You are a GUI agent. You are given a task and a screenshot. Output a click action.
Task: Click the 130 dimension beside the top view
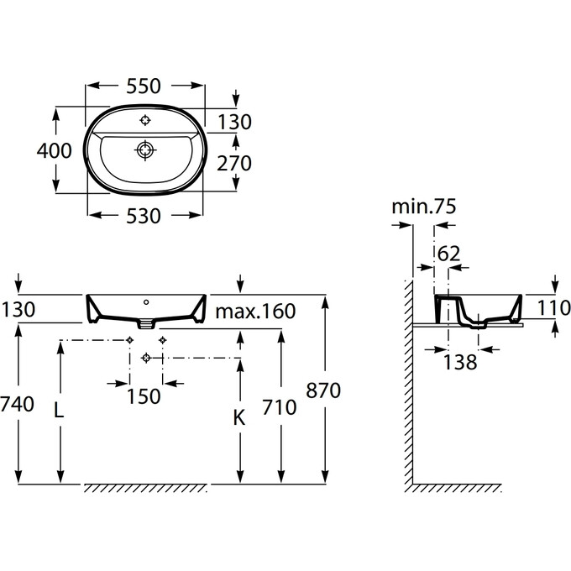234,123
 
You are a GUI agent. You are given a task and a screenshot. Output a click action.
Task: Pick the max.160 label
255,312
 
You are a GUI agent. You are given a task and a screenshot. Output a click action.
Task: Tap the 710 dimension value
280,407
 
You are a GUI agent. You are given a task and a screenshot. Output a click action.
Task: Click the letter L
58,411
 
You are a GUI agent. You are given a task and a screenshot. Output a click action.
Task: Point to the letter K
238,416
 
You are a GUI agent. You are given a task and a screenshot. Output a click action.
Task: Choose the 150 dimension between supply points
145,396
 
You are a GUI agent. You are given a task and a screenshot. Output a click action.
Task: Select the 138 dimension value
460,362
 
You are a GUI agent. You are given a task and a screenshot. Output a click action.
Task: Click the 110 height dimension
553,308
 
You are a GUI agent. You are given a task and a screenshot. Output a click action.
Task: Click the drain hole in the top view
145,151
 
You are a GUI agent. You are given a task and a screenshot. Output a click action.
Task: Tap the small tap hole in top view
145,119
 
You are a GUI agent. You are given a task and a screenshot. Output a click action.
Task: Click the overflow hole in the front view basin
146,300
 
